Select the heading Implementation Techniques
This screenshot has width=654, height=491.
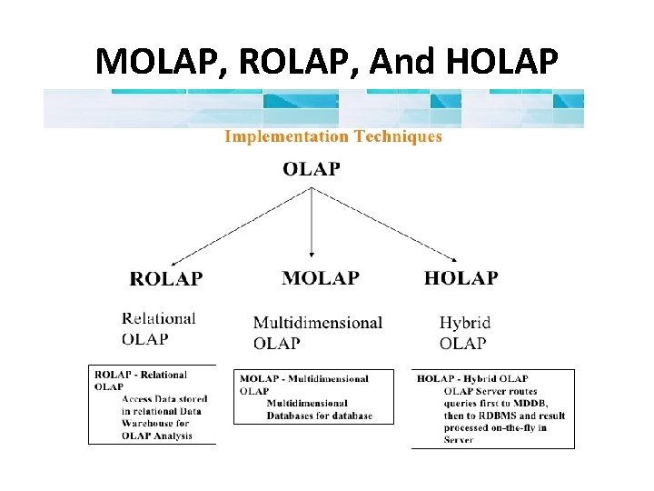pyautogui.click(x=333, y=137)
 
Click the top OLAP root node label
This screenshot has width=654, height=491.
pyautogui.click(x=312, y=169)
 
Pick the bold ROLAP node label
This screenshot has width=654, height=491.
pyautogui.click(x=166, y=279)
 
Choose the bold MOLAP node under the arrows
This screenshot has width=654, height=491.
pyautogui.click(x=320, y=278)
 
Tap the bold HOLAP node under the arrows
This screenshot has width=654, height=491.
pyautogui.click(x=461, y=278)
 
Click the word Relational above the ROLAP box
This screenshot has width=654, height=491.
pyautogui.click(x=159, y=319)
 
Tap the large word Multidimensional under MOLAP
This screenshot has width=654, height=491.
pyautogui.click(x=317, y=324)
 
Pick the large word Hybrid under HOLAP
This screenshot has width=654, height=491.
pyautogui.click(x=464, y=323)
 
